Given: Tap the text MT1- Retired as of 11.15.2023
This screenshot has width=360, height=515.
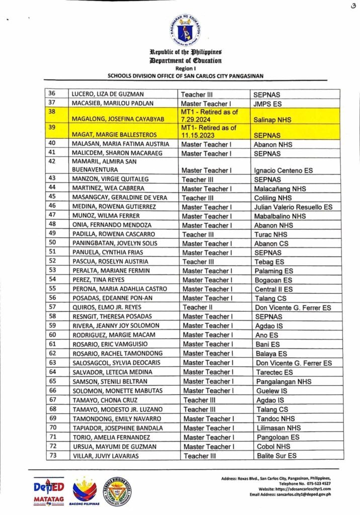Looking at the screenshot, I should coord(209,131).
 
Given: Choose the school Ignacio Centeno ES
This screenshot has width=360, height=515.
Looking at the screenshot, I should coord(284,170).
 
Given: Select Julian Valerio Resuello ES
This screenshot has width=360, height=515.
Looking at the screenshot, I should coord(293,207).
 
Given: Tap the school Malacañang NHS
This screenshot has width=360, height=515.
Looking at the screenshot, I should coord(280,189).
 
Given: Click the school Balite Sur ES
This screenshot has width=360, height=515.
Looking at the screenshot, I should coord(276,456).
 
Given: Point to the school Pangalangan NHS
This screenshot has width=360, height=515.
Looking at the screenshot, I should coord(283,382).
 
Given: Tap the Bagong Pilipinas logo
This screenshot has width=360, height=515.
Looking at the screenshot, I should coord(84,491).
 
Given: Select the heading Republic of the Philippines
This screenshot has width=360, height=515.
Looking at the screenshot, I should coord(185,52).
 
